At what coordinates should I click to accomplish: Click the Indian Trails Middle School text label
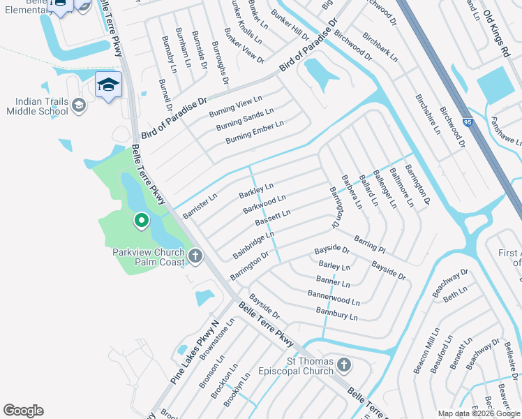[x=38, y=106]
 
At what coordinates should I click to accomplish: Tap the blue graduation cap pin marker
[x=108, y=85]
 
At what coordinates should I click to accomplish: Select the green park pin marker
[x=141, y=221]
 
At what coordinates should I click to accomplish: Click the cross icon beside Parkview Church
[x=195, y=256]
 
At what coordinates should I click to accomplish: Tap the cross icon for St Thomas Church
[x=343, y=365]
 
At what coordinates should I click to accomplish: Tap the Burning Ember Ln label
[x=255, y=133]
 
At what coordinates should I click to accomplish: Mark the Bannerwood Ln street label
[x=334, y=298]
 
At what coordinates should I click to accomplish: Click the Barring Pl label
[x=369, y=244]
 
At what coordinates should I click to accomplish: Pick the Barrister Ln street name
[x=200, y=206]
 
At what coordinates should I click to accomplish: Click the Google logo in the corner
[x=23, y=411]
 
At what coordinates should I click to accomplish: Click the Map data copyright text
[x=479, y=413]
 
